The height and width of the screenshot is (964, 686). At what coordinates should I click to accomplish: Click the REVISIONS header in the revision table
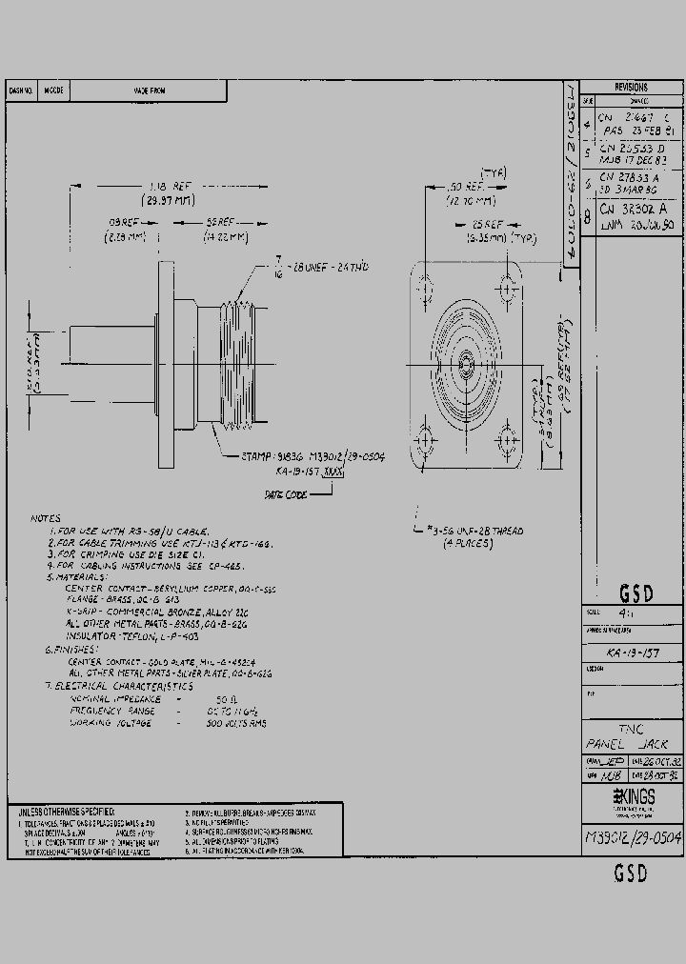pyautogui.click(x=631, y=87)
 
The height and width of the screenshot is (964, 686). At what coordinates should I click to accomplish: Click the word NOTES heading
pyautogui.click(x=46, y=518)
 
